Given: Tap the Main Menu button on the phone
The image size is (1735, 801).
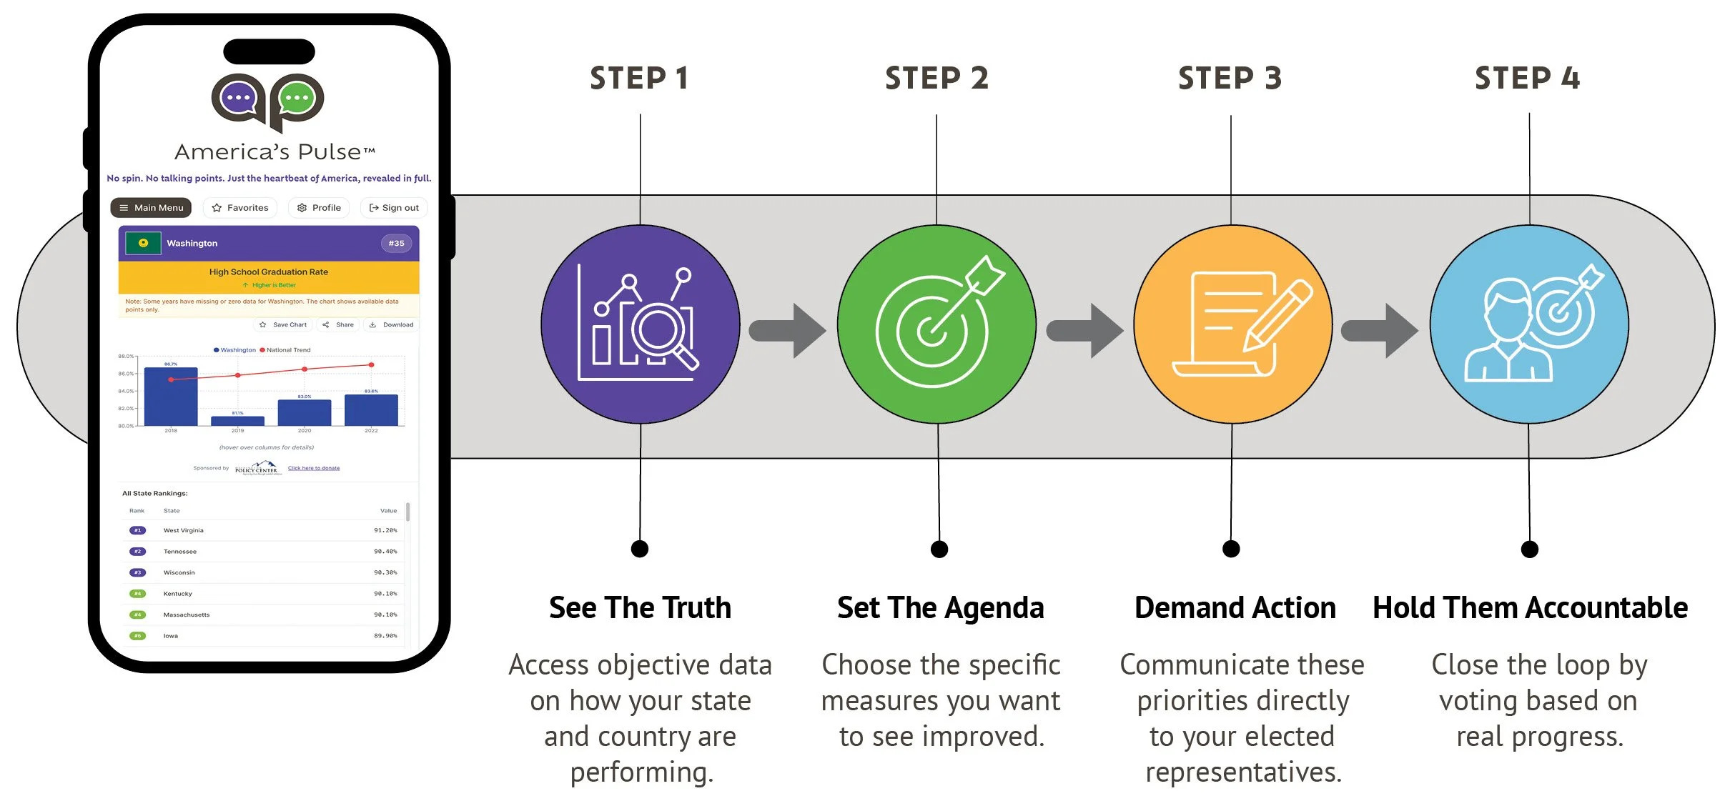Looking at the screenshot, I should click(x=151, y=208).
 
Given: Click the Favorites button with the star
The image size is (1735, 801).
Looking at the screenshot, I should click(x=240, y=208).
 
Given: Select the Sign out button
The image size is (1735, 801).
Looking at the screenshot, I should click(x=394, y=208).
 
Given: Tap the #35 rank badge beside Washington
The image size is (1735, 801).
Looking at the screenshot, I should click(x=396, y=244).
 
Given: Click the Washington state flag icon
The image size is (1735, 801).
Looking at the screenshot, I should click(x=143, y=244).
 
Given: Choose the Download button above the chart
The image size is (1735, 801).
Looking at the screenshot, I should click(x=392, y=325).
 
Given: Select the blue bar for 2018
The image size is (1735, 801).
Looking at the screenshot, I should click(x=171, y=397).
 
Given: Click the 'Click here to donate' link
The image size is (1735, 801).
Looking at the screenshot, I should click(x=314, y=469).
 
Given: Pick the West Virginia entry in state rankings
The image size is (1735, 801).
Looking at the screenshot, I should click(x=184, y=531).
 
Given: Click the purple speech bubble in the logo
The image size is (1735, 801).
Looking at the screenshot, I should click(x=238, y=97).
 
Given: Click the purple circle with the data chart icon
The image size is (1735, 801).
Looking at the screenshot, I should click(x=640, y=324).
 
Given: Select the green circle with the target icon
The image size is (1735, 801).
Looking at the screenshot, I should click(x=936, y=324).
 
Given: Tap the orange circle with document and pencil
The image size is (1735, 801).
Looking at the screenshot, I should click(x=1232, y=324).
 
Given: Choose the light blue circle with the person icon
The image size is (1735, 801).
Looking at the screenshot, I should click(x=1529, y=324).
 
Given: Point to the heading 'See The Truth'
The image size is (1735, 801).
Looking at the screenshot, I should click(x=640, y=608).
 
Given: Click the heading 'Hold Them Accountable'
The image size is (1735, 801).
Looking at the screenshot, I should click(x=1530, y=608).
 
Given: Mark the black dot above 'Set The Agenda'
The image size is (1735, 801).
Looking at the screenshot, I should click(x=939, y=549).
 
